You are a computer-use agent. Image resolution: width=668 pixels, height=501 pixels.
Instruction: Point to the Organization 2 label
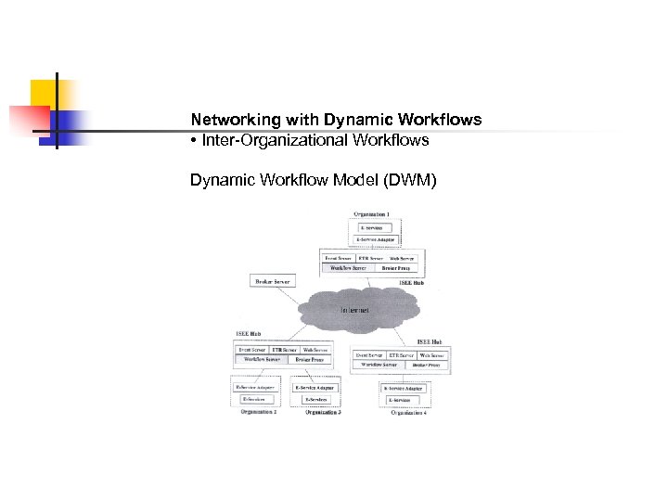point(258,411)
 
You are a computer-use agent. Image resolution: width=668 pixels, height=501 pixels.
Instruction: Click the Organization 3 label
point(322,411)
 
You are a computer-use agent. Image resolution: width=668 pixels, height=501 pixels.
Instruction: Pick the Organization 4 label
point(408,412)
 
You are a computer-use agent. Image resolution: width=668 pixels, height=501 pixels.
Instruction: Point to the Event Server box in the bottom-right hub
point(368,354)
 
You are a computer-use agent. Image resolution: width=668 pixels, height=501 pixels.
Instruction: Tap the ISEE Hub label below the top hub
point(411,282)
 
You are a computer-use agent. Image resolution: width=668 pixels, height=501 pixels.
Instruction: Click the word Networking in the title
point(226,121)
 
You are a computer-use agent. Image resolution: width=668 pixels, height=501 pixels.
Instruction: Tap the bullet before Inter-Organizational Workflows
point(194,141)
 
